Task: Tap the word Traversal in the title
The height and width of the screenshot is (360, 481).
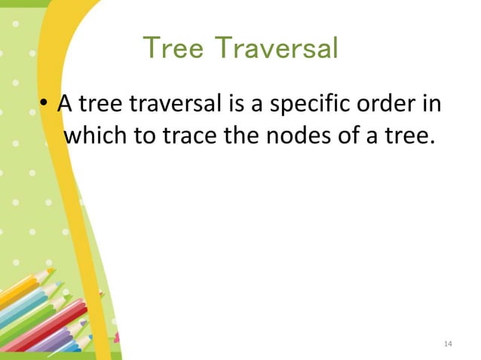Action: coord(279,49)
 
